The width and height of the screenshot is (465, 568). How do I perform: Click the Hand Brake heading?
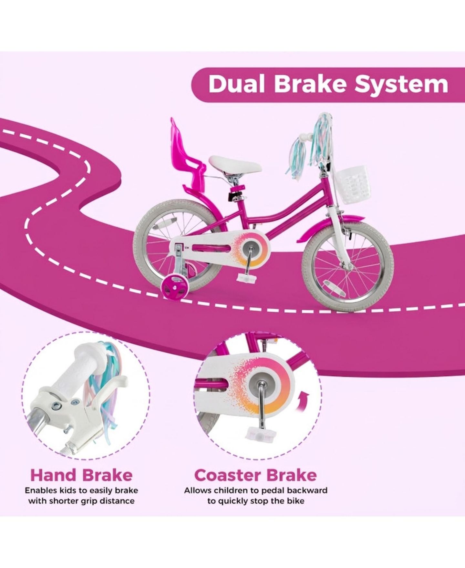coord(81,475)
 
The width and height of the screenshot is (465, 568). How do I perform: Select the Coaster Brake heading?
coord(255,475)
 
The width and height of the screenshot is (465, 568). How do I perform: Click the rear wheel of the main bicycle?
coord(176,243)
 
